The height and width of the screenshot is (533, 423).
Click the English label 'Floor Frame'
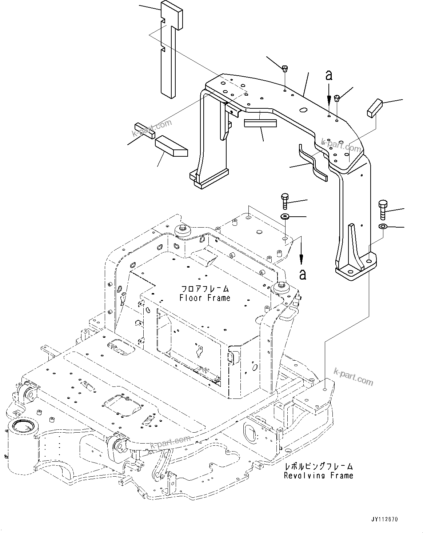(205, 298)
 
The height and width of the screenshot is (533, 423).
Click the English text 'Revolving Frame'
(319, 475)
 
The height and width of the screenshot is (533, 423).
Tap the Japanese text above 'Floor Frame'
(205, 289)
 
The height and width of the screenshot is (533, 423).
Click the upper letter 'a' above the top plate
(329, 76)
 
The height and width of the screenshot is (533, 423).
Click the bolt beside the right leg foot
(383, 210)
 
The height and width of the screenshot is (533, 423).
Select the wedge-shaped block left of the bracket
(171, 146)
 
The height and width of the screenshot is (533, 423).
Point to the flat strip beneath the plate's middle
(260, 123)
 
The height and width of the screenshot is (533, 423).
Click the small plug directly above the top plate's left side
(285, 68)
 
